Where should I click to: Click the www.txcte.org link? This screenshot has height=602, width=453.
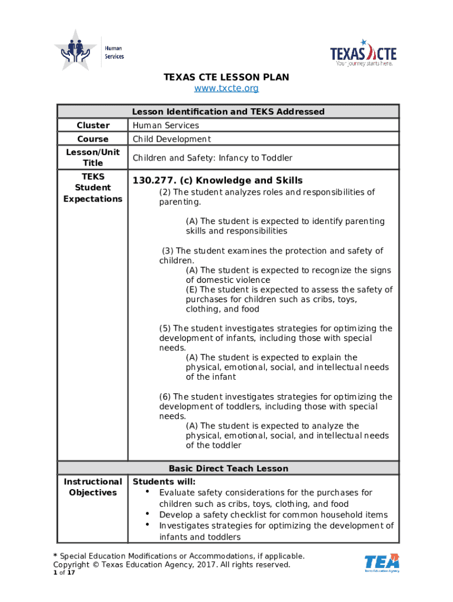[226, 88]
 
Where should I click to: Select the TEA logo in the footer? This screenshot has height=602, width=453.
[382, 563]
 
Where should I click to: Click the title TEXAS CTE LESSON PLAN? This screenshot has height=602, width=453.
[226, 77]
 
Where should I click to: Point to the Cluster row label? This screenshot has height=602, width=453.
[93, 125]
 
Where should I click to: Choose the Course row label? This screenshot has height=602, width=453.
[93, 139]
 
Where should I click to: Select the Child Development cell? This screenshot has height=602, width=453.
[171, 139]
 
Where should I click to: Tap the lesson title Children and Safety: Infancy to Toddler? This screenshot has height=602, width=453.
[212, 158]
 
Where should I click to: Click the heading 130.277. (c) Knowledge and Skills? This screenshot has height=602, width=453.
[218, 180]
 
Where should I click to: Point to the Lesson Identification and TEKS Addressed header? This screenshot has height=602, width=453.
[228, 112]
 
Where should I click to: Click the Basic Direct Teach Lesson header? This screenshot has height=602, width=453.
[228, 469]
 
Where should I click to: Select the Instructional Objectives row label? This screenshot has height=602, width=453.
[93, 487]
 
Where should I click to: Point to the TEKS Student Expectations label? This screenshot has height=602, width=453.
[93, 188]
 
